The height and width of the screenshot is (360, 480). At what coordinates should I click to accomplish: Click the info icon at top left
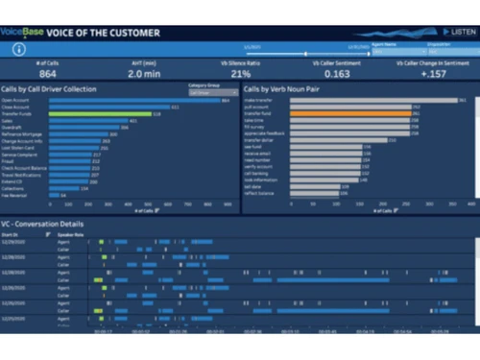click(x=18, y=48)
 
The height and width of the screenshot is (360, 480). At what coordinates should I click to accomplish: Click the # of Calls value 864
click(x=48, y=73)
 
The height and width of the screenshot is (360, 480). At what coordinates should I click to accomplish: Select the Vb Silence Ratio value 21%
click(x=240, y=73)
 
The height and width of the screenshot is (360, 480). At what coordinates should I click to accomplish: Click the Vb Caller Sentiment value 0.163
click(x=336, y=73)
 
